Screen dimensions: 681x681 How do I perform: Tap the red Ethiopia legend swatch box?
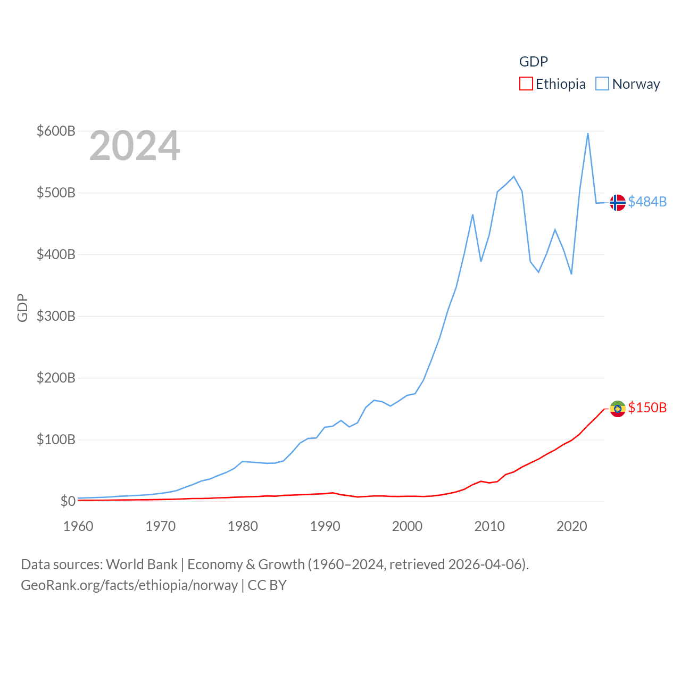tap(526, 84)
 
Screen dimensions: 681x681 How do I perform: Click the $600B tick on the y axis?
tap(56, 131)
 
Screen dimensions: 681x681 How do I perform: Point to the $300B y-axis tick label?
tap(56, 316)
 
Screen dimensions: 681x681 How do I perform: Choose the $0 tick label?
tap(68, 501)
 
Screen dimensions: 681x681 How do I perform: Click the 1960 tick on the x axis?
tap(78, 526)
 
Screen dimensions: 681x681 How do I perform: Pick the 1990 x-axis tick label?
tap(325, 526)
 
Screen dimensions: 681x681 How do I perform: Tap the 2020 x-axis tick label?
tap(571, 526)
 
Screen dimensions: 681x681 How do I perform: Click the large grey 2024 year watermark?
tap(135, 146)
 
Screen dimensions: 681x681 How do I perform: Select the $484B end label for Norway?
tap(647, 202)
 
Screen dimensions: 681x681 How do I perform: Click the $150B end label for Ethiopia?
tap(647, 408)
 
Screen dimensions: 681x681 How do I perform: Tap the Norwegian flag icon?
tap(618, 203)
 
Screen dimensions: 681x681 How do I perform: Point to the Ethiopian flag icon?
tap(618, 409)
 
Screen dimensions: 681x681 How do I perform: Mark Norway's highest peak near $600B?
tap(588, 134)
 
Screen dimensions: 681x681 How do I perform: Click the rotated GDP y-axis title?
tap(22, 308)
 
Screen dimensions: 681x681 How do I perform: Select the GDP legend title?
tap(533, 62)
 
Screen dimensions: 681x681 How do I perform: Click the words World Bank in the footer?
tap(142, 564)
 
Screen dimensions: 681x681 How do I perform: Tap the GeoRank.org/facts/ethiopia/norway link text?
tap(129, 585)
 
